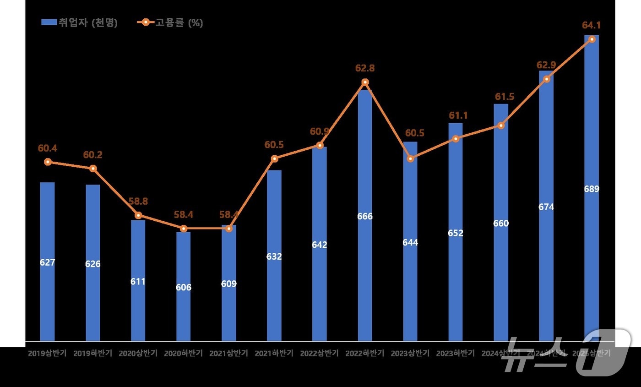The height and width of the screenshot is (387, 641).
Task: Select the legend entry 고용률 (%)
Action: coord(170,22)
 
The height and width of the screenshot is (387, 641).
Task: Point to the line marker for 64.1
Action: coord(592,39)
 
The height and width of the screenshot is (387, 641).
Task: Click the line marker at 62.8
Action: coord(365,82)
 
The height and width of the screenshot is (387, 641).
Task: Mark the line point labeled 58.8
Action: coord(138,215)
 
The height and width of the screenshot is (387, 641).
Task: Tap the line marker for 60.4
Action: coord(48,162)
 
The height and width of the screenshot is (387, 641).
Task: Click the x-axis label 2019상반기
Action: coord(48,354)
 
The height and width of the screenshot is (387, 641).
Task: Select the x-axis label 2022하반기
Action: coord(365,354)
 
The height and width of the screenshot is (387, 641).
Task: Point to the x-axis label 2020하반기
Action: coord(184,354)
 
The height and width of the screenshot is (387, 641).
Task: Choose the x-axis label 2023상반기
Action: coord(410,354)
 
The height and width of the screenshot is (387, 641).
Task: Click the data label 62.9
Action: coord(546,65)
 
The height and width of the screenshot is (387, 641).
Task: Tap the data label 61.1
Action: coord(458,115)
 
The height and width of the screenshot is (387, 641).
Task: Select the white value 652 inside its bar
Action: coord(456,233)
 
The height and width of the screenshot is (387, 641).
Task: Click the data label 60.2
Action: coord(93,155)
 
